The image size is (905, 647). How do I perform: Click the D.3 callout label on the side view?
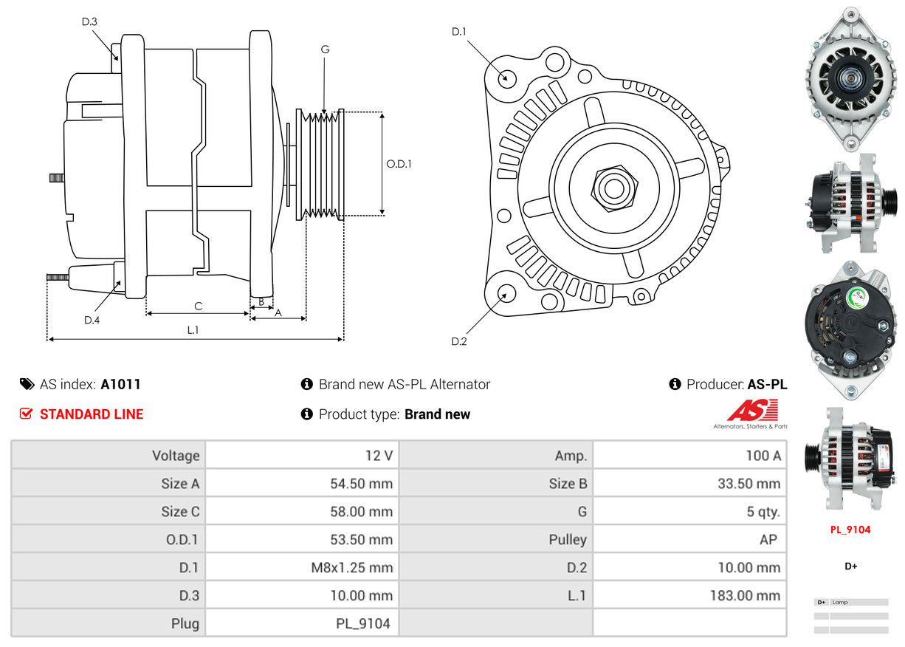(x=89, y=21)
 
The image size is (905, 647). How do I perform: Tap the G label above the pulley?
(x=325, y=49)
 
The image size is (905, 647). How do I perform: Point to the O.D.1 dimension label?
(x=399, y=164)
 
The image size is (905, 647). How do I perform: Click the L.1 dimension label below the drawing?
(x=193, y=330)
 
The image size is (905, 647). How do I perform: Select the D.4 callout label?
(x=92, y=320)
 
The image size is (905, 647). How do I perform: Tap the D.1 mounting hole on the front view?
(x=506, y=77)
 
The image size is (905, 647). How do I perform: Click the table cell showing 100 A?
(x=763, y=456)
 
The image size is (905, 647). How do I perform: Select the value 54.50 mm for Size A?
(x=361, y=484)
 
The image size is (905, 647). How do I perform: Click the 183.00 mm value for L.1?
(x=746, y=595)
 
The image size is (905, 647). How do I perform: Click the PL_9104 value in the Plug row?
(x=363, y=623)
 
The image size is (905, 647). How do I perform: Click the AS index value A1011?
(x=120, y=384)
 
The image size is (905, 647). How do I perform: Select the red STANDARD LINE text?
(x=92, y=414)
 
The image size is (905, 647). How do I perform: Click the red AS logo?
(x=752, y=411)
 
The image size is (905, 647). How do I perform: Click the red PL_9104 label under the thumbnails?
(x=850, y=530)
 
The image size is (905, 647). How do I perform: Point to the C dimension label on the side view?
(x=198, y=306)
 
